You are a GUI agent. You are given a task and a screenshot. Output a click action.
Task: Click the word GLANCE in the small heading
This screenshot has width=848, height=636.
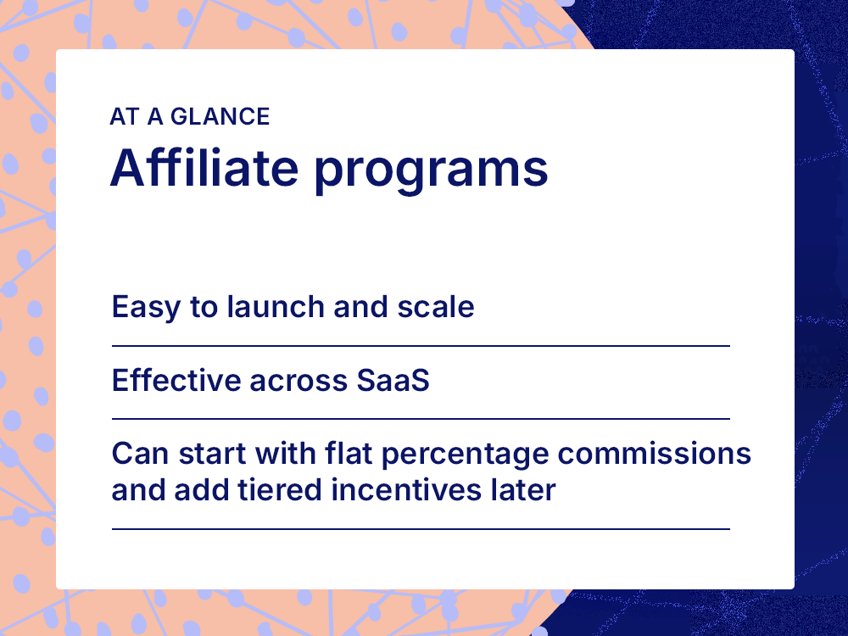click(x=220, y=116)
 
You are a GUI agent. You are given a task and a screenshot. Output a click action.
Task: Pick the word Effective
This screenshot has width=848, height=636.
click(x=175, y=381)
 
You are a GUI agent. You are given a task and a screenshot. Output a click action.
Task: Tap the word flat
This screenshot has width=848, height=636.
click(x=348, y=454)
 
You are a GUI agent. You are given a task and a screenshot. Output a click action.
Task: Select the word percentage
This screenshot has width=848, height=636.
click(x=464, y=455)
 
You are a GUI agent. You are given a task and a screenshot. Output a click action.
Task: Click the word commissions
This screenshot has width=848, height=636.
click(x=655, y=454)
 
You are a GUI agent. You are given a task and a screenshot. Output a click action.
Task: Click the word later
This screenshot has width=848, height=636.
click(x=522, y=490)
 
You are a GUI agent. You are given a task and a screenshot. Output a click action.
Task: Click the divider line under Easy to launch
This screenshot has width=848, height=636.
click(x=421, y=346)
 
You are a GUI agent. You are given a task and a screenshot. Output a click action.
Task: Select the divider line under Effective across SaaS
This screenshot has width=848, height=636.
click(x=421, y=419)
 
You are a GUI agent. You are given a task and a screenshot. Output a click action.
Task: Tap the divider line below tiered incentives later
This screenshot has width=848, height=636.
click(x=421, y=529)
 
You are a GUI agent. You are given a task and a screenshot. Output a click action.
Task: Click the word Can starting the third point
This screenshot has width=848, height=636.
click(x=136, y=454)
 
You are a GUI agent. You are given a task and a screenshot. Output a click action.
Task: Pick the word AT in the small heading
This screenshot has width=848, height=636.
click(x=124, y=116)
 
